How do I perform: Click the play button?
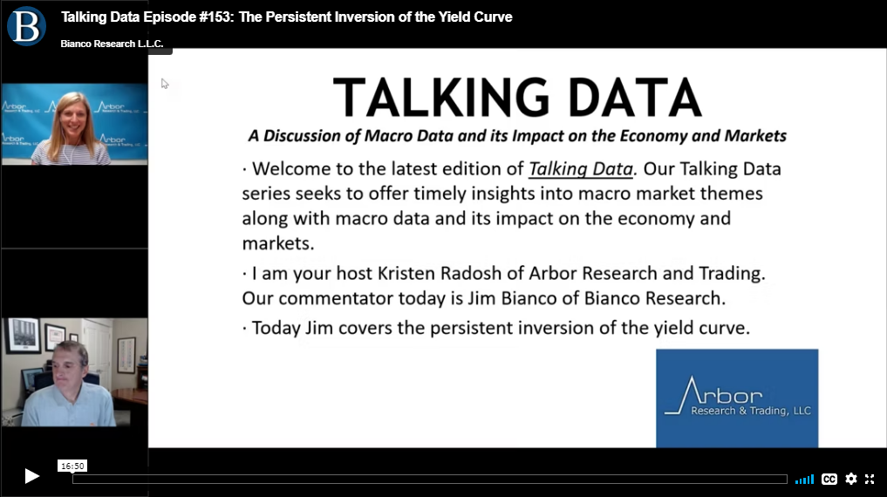click(31, 476)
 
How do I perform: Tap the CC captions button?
click(829, 479)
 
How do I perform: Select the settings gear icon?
click(850, 479)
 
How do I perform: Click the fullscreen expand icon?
click(870, 479)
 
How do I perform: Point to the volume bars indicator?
click(804, 480)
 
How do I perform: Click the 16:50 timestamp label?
click(72, 466)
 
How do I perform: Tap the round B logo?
click(26, 26)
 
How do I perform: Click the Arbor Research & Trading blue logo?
click(737, 398)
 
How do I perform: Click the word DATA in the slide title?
click(635, 98)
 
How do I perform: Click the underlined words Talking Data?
click(580, 168)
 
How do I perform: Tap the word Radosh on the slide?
click(471, 273)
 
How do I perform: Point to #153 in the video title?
click(215, 17)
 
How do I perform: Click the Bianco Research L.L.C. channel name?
click(112, 44)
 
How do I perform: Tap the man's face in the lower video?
click(68, 367)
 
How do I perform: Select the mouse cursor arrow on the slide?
click(165, 84)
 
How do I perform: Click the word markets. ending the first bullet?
click(277, 243)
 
